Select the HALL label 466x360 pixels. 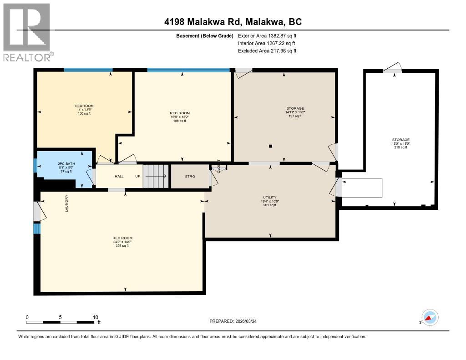click(106, 176)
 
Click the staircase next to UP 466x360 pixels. click(155, 176)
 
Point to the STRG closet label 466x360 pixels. click(189, 176)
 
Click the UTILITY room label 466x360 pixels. click(270, 201)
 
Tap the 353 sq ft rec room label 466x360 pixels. click(122, 242)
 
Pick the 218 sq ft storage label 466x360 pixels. click(401, 143)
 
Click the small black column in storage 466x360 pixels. click(271, 146)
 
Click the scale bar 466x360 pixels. click(61, 322)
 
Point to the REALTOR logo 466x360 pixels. click(27, 32)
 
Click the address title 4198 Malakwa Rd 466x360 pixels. click(233, 22)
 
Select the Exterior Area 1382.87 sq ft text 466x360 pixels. click(267, 35)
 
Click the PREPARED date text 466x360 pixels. click(236, 321)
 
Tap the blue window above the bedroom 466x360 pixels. click(88, 70)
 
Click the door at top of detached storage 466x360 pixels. click(392, 69)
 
